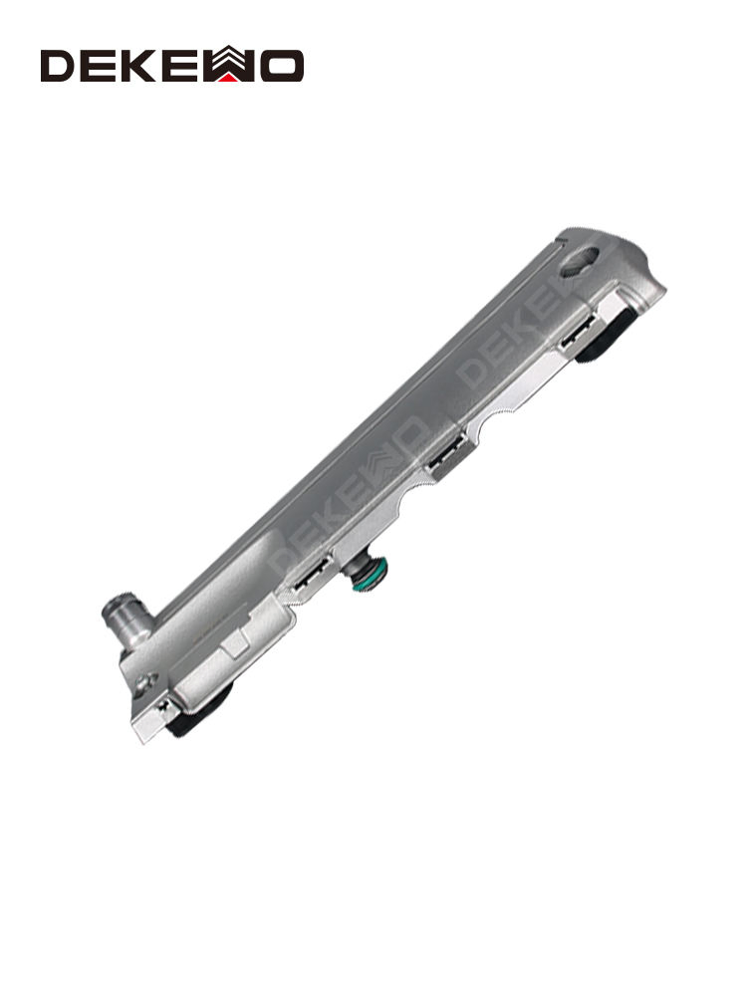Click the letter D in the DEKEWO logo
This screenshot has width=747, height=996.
[x=59, y=66]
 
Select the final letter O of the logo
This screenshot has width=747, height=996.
[x=282, y=66]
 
